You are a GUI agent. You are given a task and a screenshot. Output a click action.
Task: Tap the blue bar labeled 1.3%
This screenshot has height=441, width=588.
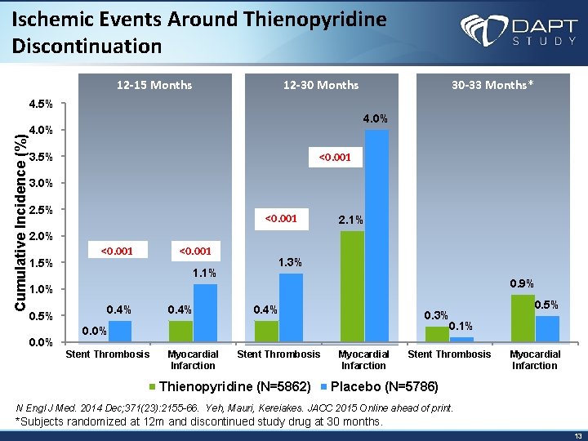[291, 307]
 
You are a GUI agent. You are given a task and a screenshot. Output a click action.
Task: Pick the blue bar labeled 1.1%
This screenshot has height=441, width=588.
[205, 313]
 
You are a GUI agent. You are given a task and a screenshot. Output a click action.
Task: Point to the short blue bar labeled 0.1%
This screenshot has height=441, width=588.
[461, 339]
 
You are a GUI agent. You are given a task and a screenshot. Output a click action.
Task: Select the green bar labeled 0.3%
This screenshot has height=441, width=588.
[437, 334]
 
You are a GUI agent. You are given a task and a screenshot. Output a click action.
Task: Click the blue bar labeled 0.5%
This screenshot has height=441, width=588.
[547, 328]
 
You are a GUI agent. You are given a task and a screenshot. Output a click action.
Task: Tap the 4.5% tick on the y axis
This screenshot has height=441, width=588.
[41, 105]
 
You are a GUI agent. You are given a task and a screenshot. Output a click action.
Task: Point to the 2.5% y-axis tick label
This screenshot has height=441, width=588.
[41, 210]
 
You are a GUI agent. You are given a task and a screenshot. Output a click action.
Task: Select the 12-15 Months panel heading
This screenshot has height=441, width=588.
[154, 85]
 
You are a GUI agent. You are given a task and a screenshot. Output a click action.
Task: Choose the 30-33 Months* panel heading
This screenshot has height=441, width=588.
[492, 85]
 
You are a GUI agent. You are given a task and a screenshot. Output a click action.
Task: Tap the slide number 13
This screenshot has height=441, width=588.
[577, 435]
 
